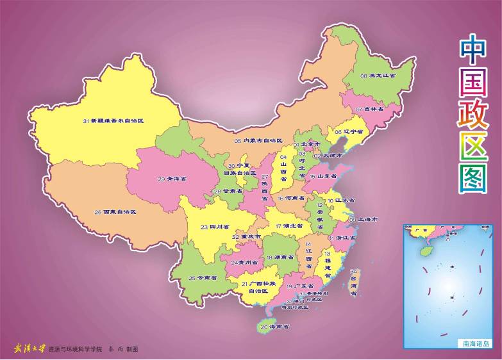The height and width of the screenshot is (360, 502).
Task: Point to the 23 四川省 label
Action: coord(215,227)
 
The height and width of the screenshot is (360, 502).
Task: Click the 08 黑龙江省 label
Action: coord(378,76)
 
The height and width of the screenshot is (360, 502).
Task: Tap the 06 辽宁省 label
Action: coord(349,132)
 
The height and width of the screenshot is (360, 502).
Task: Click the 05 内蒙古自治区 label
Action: coord(258,140)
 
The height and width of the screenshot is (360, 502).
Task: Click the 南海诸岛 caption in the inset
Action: coord(477,343)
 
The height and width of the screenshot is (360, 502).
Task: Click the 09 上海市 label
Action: coord(364,219)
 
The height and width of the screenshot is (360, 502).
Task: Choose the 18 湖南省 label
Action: coord(280,257)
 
